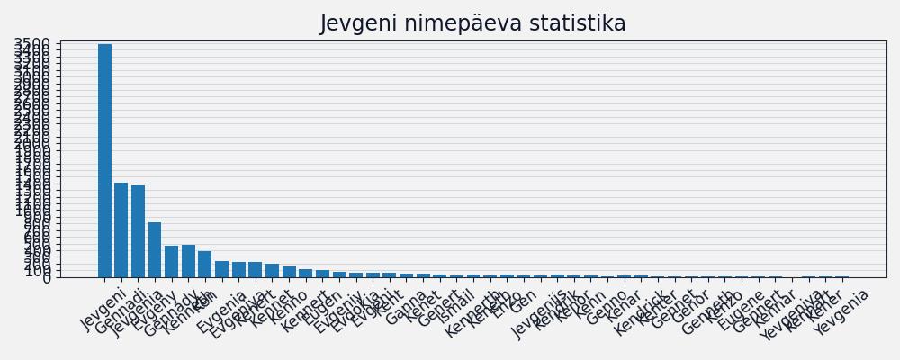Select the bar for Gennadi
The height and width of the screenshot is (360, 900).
[x=121, y=229]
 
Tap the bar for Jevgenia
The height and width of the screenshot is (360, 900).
[x=138, y=231]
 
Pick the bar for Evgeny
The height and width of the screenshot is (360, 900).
[x=155, y=249]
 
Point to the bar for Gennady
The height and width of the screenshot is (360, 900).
[x=172, y=261]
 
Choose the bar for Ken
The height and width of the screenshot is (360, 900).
[x=205, y=264]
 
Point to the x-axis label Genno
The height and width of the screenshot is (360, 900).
[x=607, y=307]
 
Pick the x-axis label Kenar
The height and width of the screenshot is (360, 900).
[x=624, y=306]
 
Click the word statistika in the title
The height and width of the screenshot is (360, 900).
[x=572, y=23]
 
